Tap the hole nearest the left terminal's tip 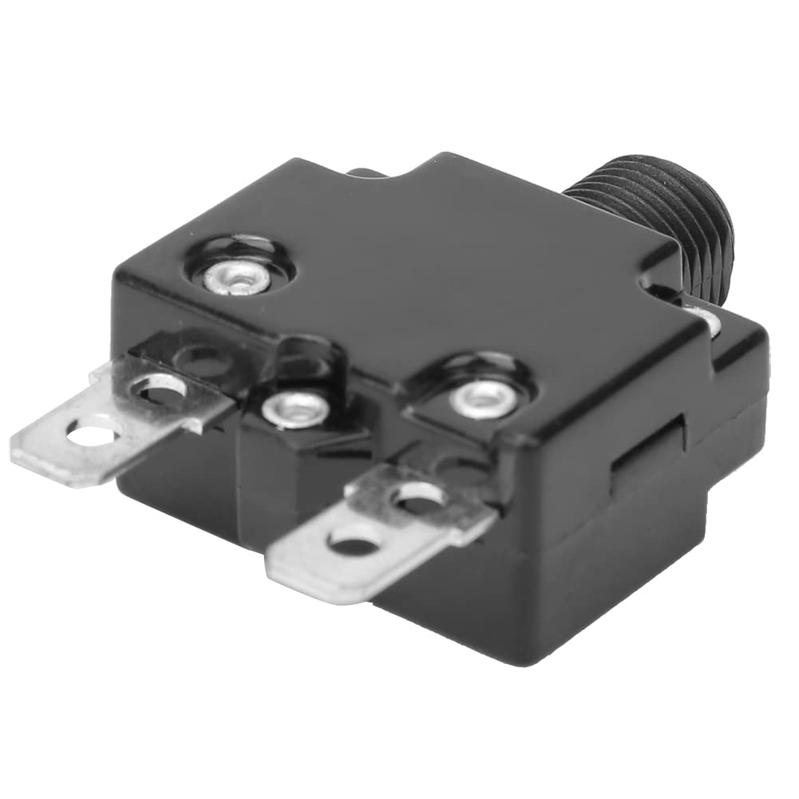click(x=90, y=435)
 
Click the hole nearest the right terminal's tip click(x=354, y=545)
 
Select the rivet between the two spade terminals click(x=295, y=409)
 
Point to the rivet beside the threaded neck click(x=706, y=321)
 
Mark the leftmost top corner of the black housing click(x=120, y=275)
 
